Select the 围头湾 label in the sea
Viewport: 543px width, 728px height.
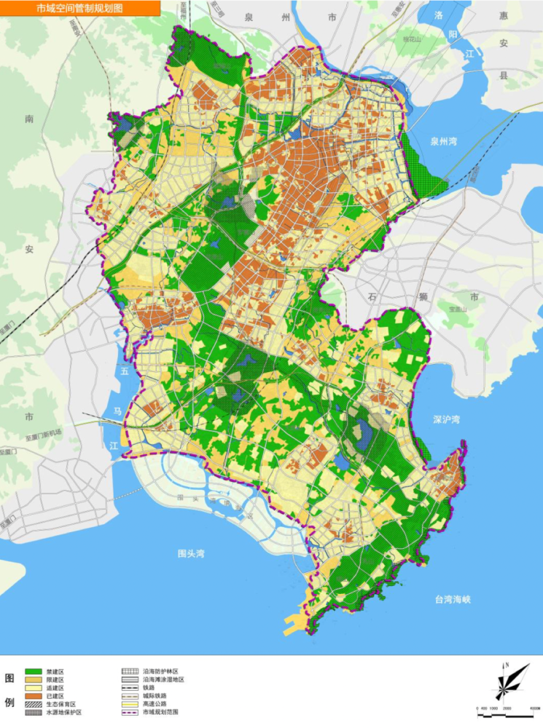192,553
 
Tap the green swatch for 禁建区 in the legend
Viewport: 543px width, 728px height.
34,670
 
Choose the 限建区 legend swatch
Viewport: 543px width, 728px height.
34,679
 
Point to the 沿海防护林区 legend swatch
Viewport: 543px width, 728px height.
130,670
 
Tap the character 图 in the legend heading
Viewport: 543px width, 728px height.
9,678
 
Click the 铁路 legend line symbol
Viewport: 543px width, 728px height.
130,687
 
